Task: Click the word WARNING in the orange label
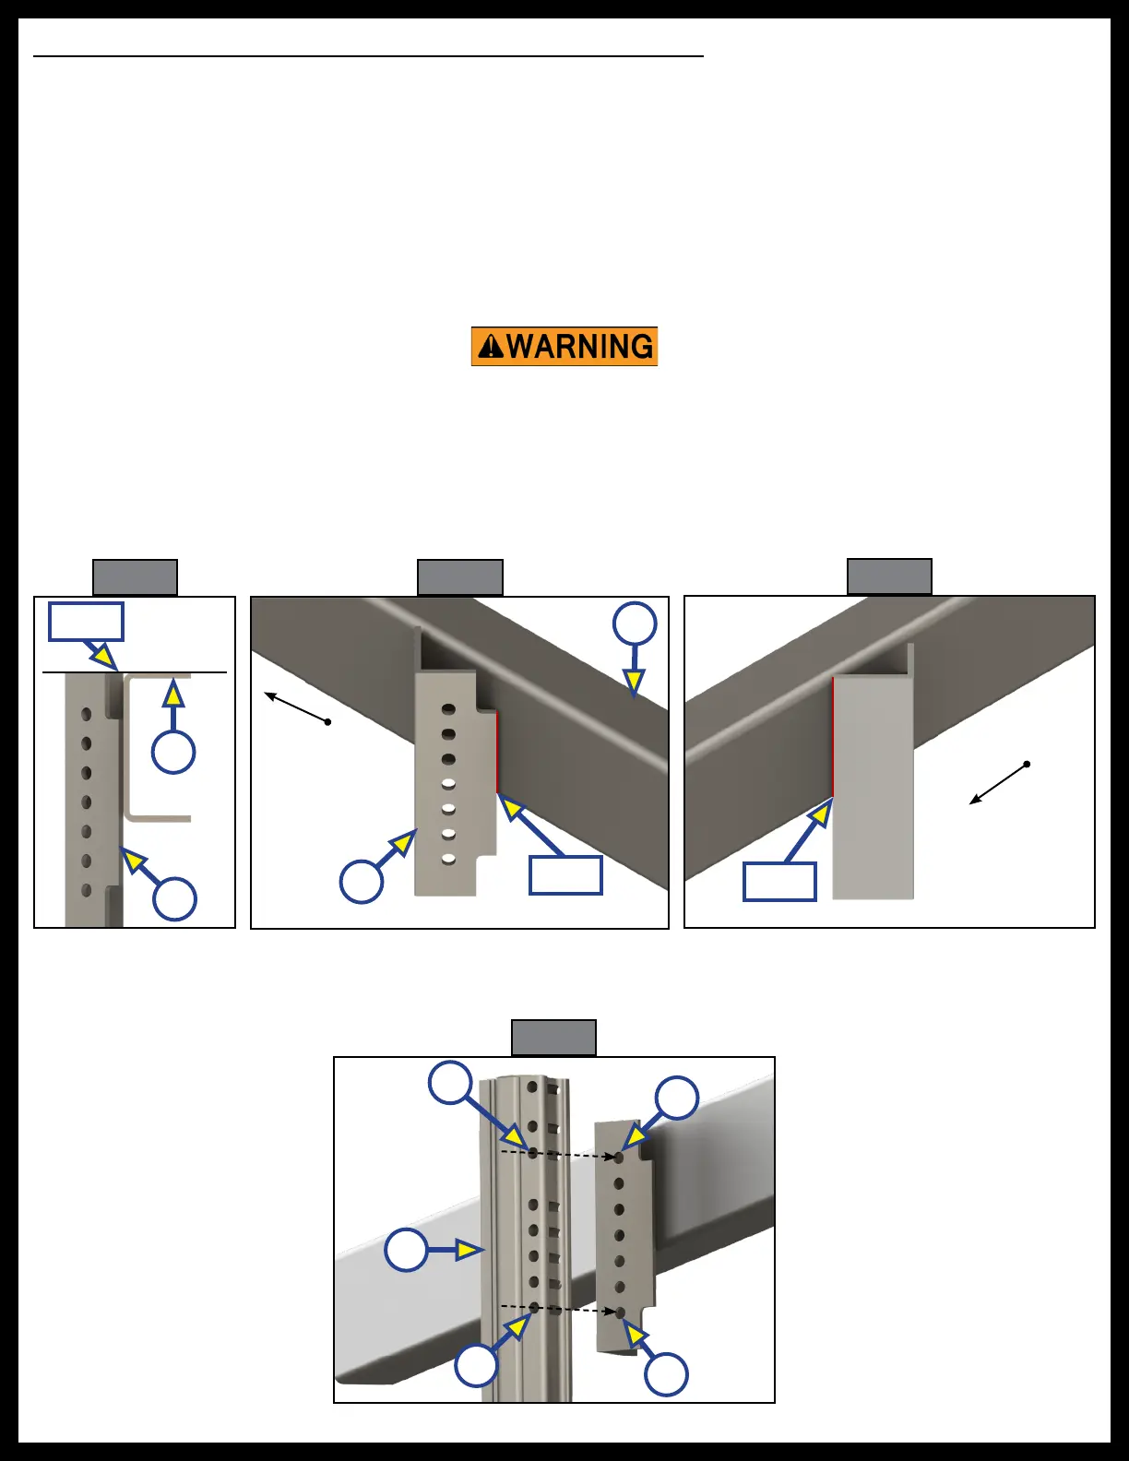click(580, 347)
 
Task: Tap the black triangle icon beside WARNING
click(491, 347)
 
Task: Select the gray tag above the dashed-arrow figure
click(553, 1038)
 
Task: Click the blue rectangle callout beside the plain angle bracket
click(779, 882)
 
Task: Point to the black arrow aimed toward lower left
click(998, 784)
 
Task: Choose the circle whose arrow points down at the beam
click(635, 624)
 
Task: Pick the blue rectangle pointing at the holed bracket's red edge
click(565, 875)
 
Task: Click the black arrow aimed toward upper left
click(296, 707)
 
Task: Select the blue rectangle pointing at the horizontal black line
click(86, 622)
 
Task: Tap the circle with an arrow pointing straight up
click(173, 751)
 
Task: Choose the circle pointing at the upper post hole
click(451, 1082)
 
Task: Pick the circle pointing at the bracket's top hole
click(676, 1098)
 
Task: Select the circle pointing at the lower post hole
click(477, 1365)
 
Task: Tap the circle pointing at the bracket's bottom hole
click(666, 1374)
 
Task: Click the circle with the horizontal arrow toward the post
click(406, 1251)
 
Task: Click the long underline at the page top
click(368, 56)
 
